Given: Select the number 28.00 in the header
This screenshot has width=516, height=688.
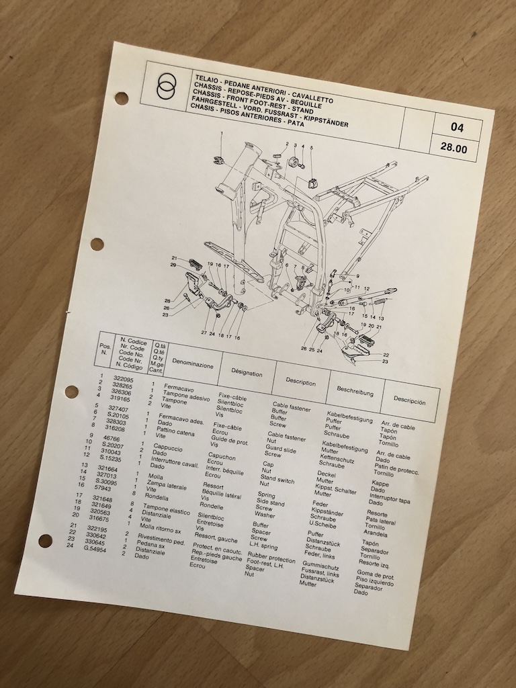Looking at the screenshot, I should click(455, 148).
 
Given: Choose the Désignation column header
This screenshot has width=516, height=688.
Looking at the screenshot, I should click(247, 371).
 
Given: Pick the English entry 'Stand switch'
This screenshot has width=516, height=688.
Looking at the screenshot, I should click(277, 480).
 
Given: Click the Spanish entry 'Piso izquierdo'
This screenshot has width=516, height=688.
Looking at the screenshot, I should click(376, 583).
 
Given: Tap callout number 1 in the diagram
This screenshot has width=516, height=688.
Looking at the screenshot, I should click(220, 134).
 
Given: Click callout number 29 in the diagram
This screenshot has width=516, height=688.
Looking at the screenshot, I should click(173, 266).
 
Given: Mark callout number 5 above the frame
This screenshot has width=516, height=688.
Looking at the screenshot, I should click(311, 147).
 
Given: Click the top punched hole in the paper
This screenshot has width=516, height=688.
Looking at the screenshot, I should click(121, 99).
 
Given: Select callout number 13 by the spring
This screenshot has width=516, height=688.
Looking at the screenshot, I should click(381, 318).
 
